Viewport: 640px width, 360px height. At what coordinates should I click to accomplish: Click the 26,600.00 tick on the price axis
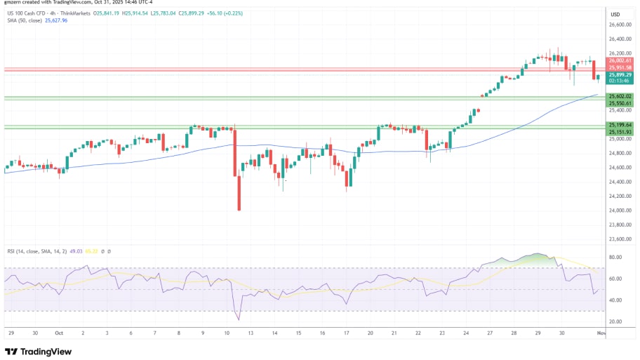pyautogui.click(x=618, y=24)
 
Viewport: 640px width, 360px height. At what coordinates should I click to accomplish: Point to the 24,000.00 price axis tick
pyautogui.click(x=618, y=211)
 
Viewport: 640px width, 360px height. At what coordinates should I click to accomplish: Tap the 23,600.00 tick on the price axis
pyautogui.click(x=618, y=239)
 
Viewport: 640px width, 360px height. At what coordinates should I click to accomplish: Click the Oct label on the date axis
pyautogui.click(x=58, y=334)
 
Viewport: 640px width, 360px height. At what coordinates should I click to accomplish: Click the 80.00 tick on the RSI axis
pyautogui.click(x=615, y=258)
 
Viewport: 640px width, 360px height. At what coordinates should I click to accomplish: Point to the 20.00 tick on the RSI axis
pyautogui.click(x=615, y=321)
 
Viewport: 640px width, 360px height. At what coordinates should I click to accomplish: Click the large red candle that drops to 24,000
pyautogui.click(x=239, y=192)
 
